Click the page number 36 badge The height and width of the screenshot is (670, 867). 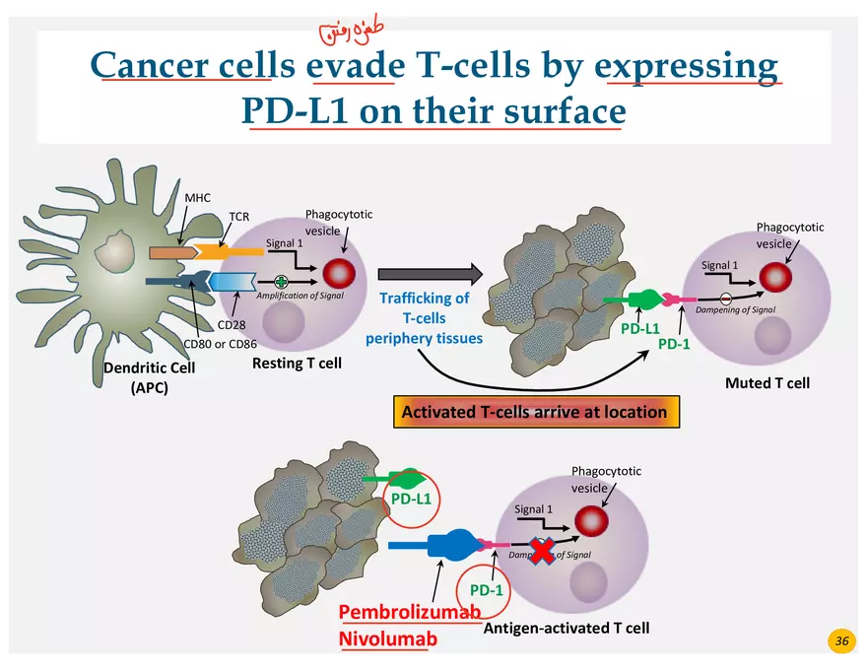coord(841,641)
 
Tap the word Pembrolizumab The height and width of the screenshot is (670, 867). coord(410,612)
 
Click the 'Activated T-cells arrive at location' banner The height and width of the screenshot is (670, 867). coord(534,412)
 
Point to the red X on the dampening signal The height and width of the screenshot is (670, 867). coord(542,552)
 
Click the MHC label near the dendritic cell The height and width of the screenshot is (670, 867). coord(198,198)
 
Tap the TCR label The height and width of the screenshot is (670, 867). coord(239,216)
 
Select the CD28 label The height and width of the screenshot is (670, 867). coord(232,324)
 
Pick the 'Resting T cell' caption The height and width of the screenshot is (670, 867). coord(297,363)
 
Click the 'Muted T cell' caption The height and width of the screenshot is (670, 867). coord(767,381)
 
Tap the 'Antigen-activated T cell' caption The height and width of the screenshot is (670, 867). coord(567,627)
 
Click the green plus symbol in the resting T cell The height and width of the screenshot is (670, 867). coord(282,281)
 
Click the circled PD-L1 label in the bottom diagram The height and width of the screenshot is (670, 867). coord(411,499)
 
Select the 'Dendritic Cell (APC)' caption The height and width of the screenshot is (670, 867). coord(150,377)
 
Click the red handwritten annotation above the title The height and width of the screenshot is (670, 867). coord(343,33)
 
